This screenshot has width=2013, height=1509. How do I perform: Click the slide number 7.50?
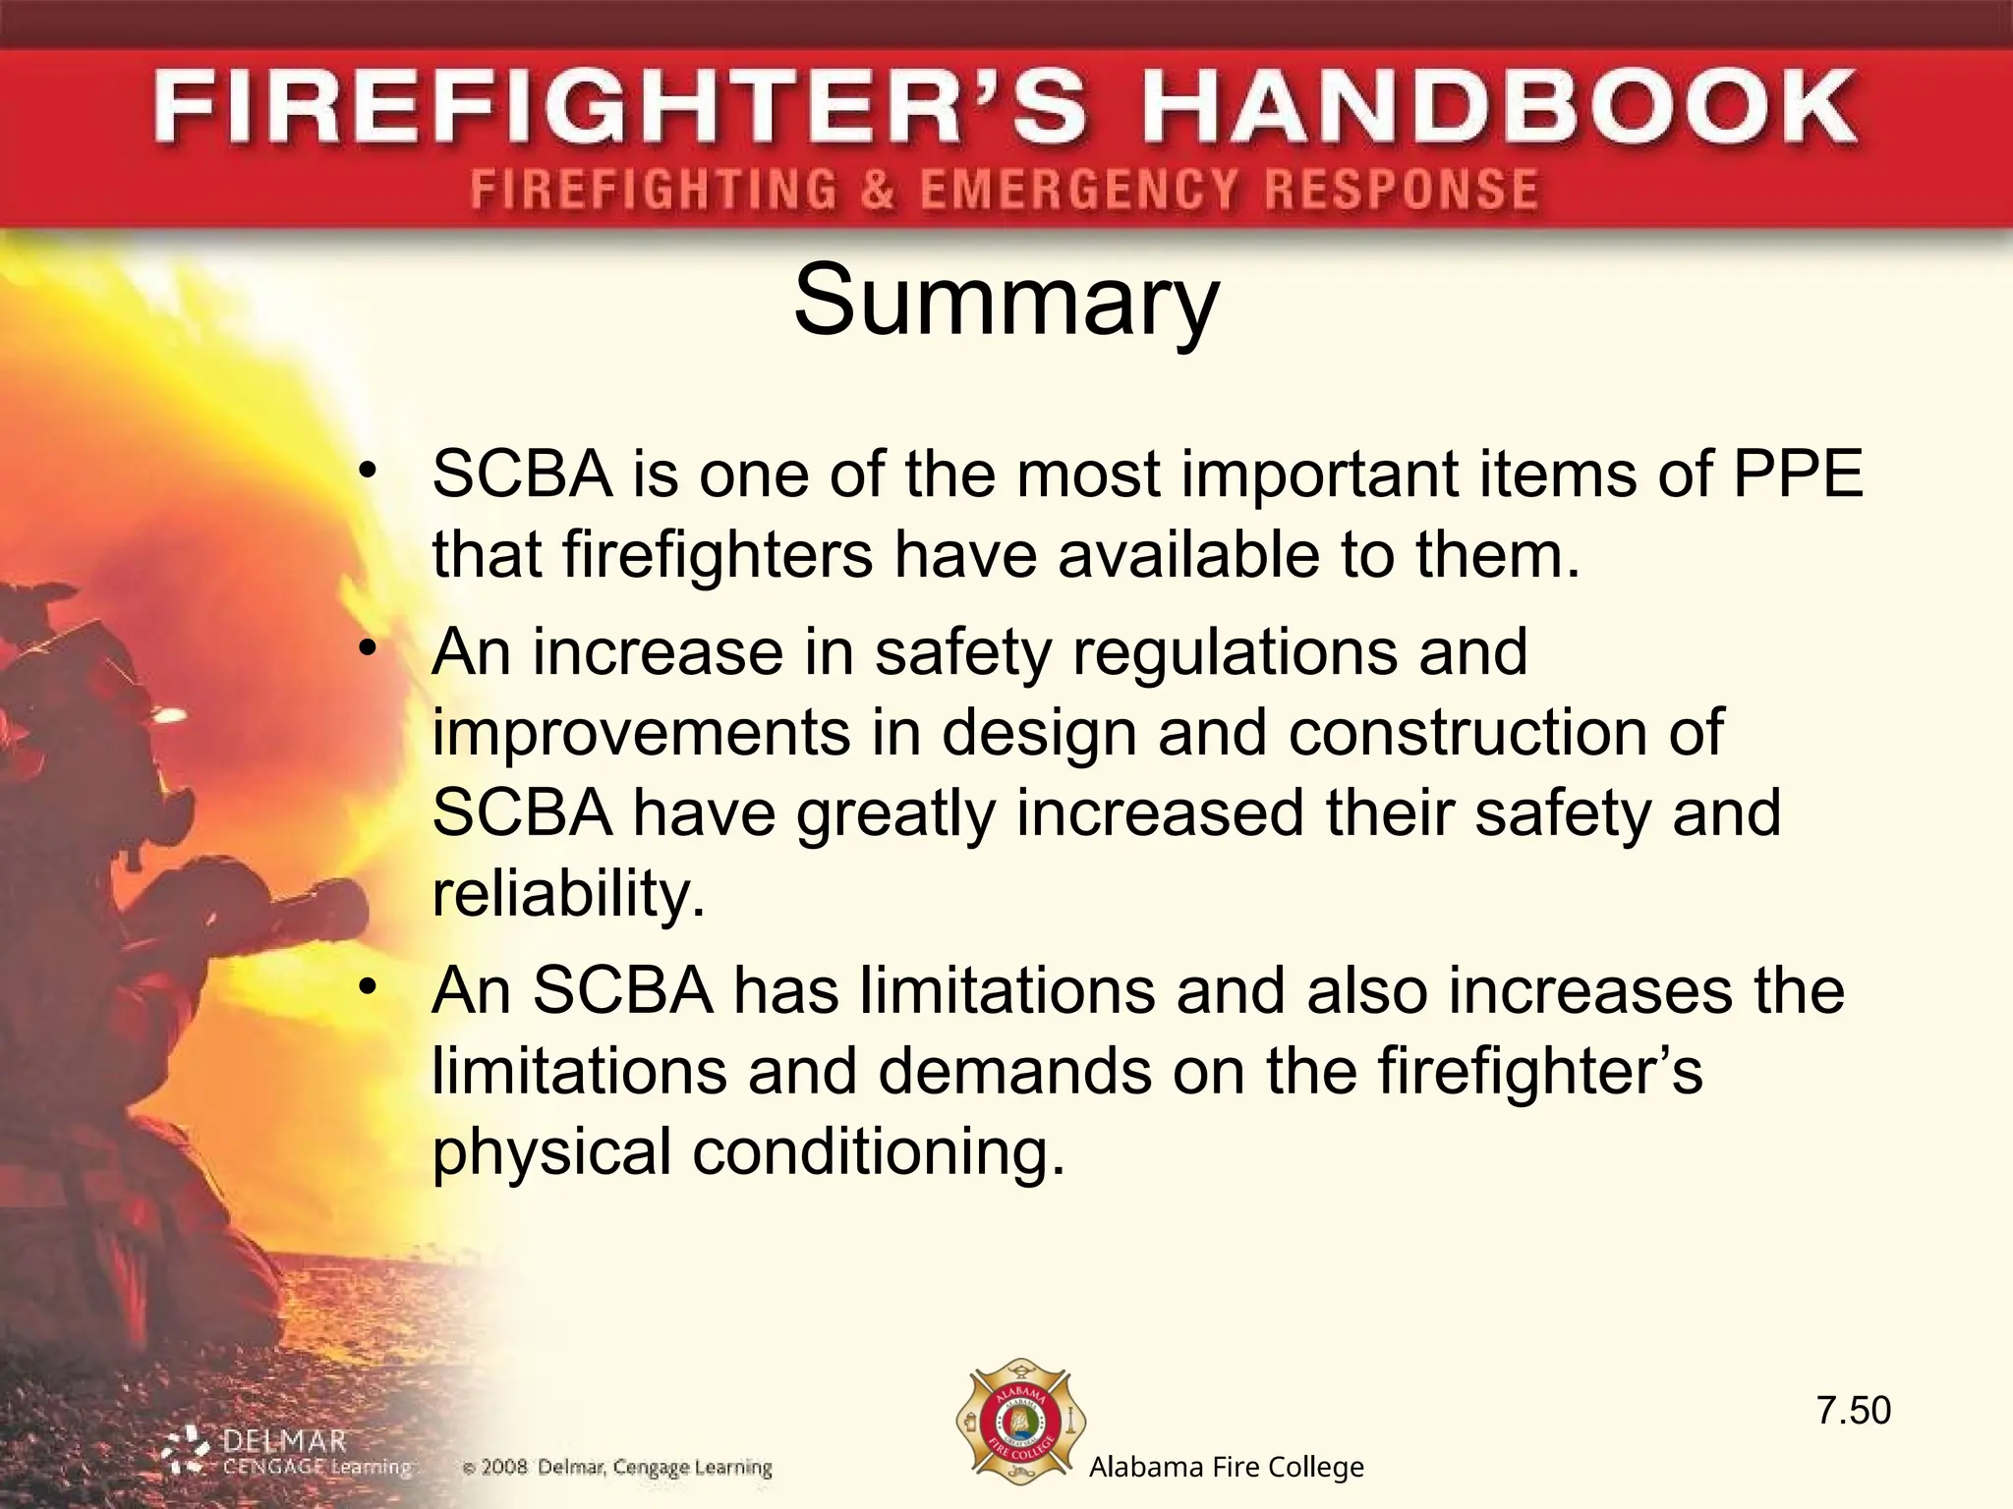[x=1853, y=1410]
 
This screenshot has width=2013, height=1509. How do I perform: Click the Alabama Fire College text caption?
[x=1226, y=1468]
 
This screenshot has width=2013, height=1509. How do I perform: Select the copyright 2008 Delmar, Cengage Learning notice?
[x=617, y=1468]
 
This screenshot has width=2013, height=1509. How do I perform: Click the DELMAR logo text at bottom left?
[x=284, y=1442]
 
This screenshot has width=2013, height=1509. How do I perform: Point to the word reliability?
[x=568, y=893]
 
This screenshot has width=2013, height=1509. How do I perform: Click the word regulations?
[x=1234, y=651]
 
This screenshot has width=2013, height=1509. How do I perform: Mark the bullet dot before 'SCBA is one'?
[x=368, y=472]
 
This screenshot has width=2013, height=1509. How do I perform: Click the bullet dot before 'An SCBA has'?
[x=368, y=987]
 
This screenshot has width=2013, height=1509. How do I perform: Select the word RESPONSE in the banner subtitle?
[x=1401, y=189]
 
